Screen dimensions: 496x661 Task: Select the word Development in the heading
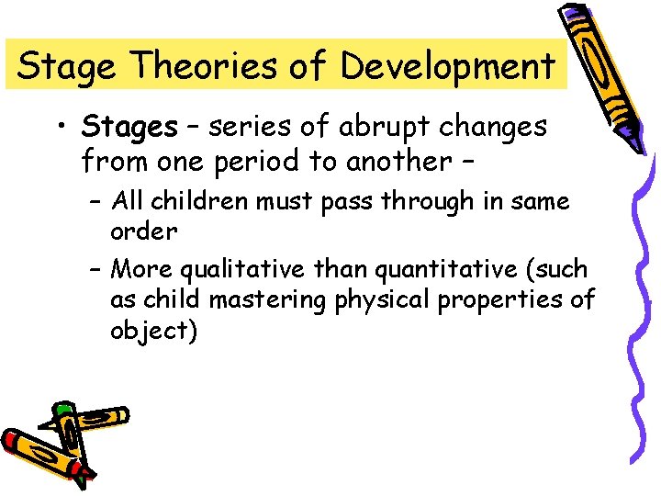pos(447,66)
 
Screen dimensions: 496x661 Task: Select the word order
pos(143,231)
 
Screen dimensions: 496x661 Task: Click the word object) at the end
pos(153,331)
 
